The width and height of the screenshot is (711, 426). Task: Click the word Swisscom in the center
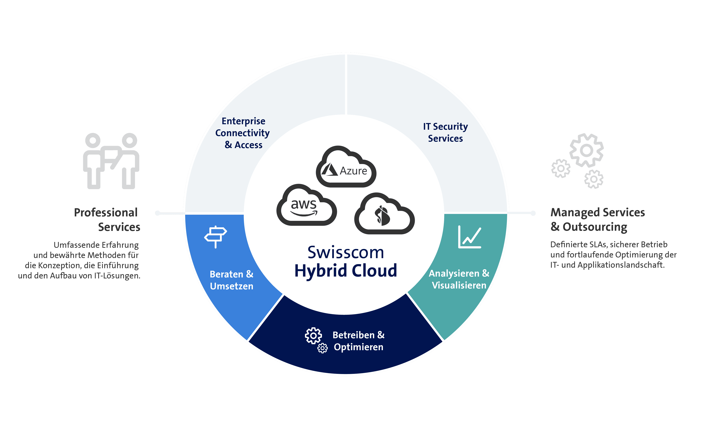point(346,253)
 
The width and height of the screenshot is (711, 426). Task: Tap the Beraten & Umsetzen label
point(232,280)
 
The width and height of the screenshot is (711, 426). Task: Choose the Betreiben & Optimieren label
point(358,341)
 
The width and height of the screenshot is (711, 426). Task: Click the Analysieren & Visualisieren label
point(459,279)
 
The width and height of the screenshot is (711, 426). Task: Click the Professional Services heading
point(107,220)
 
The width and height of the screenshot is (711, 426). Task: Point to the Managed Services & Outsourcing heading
point(598,220)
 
